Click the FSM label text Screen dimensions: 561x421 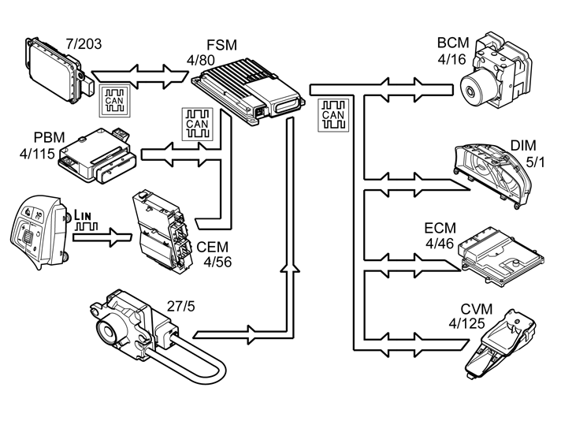[x=222, y=45]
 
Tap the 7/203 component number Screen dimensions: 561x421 [x=84, y=44]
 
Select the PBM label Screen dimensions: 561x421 [x=50, y=137]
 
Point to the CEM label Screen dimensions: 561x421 [x=212, y=247]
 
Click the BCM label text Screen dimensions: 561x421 [x=453, y=43]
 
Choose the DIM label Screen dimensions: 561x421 [x=523, y=146]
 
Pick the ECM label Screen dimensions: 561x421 [x=440, y=228]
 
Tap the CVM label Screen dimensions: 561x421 [x=476, y=309]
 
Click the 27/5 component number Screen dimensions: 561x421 [x=181, y=307]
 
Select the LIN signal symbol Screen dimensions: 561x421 [x=85, y=221]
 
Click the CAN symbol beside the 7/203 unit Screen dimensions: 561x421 [x=114, y=101]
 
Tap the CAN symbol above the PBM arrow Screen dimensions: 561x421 [x=198, y=124]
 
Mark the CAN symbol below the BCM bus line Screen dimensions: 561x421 [x=333, y=115]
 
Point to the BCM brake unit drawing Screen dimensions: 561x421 [x=496, y=70]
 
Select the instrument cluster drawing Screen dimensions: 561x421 [x=493, y=175]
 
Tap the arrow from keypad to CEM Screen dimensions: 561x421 [x=102, y=237]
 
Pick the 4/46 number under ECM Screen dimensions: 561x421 [x=440, y=244]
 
